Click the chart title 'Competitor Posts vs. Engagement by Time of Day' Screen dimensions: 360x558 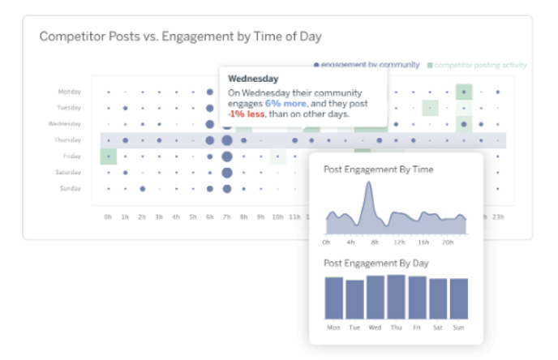(x=180, y=36)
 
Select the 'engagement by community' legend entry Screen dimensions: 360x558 (x=370, y=65)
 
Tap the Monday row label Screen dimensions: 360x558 (x=70, y=92)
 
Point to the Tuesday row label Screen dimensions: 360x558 (x=69, y=108)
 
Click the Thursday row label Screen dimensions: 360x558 (x=69, y=140)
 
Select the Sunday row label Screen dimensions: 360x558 (x=70, y=188)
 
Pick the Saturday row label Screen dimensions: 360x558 (x=69, y=172)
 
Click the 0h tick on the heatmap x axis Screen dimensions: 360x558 (x=108, y=217)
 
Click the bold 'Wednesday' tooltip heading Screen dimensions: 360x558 (x=253, y=79)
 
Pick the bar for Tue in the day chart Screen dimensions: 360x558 (x=354, y=299)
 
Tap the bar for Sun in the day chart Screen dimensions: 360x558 (x=458, y=298)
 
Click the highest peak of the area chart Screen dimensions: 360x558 (x=369, y=185)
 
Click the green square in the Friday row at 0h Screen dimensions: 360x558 (x=109, y=156)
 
